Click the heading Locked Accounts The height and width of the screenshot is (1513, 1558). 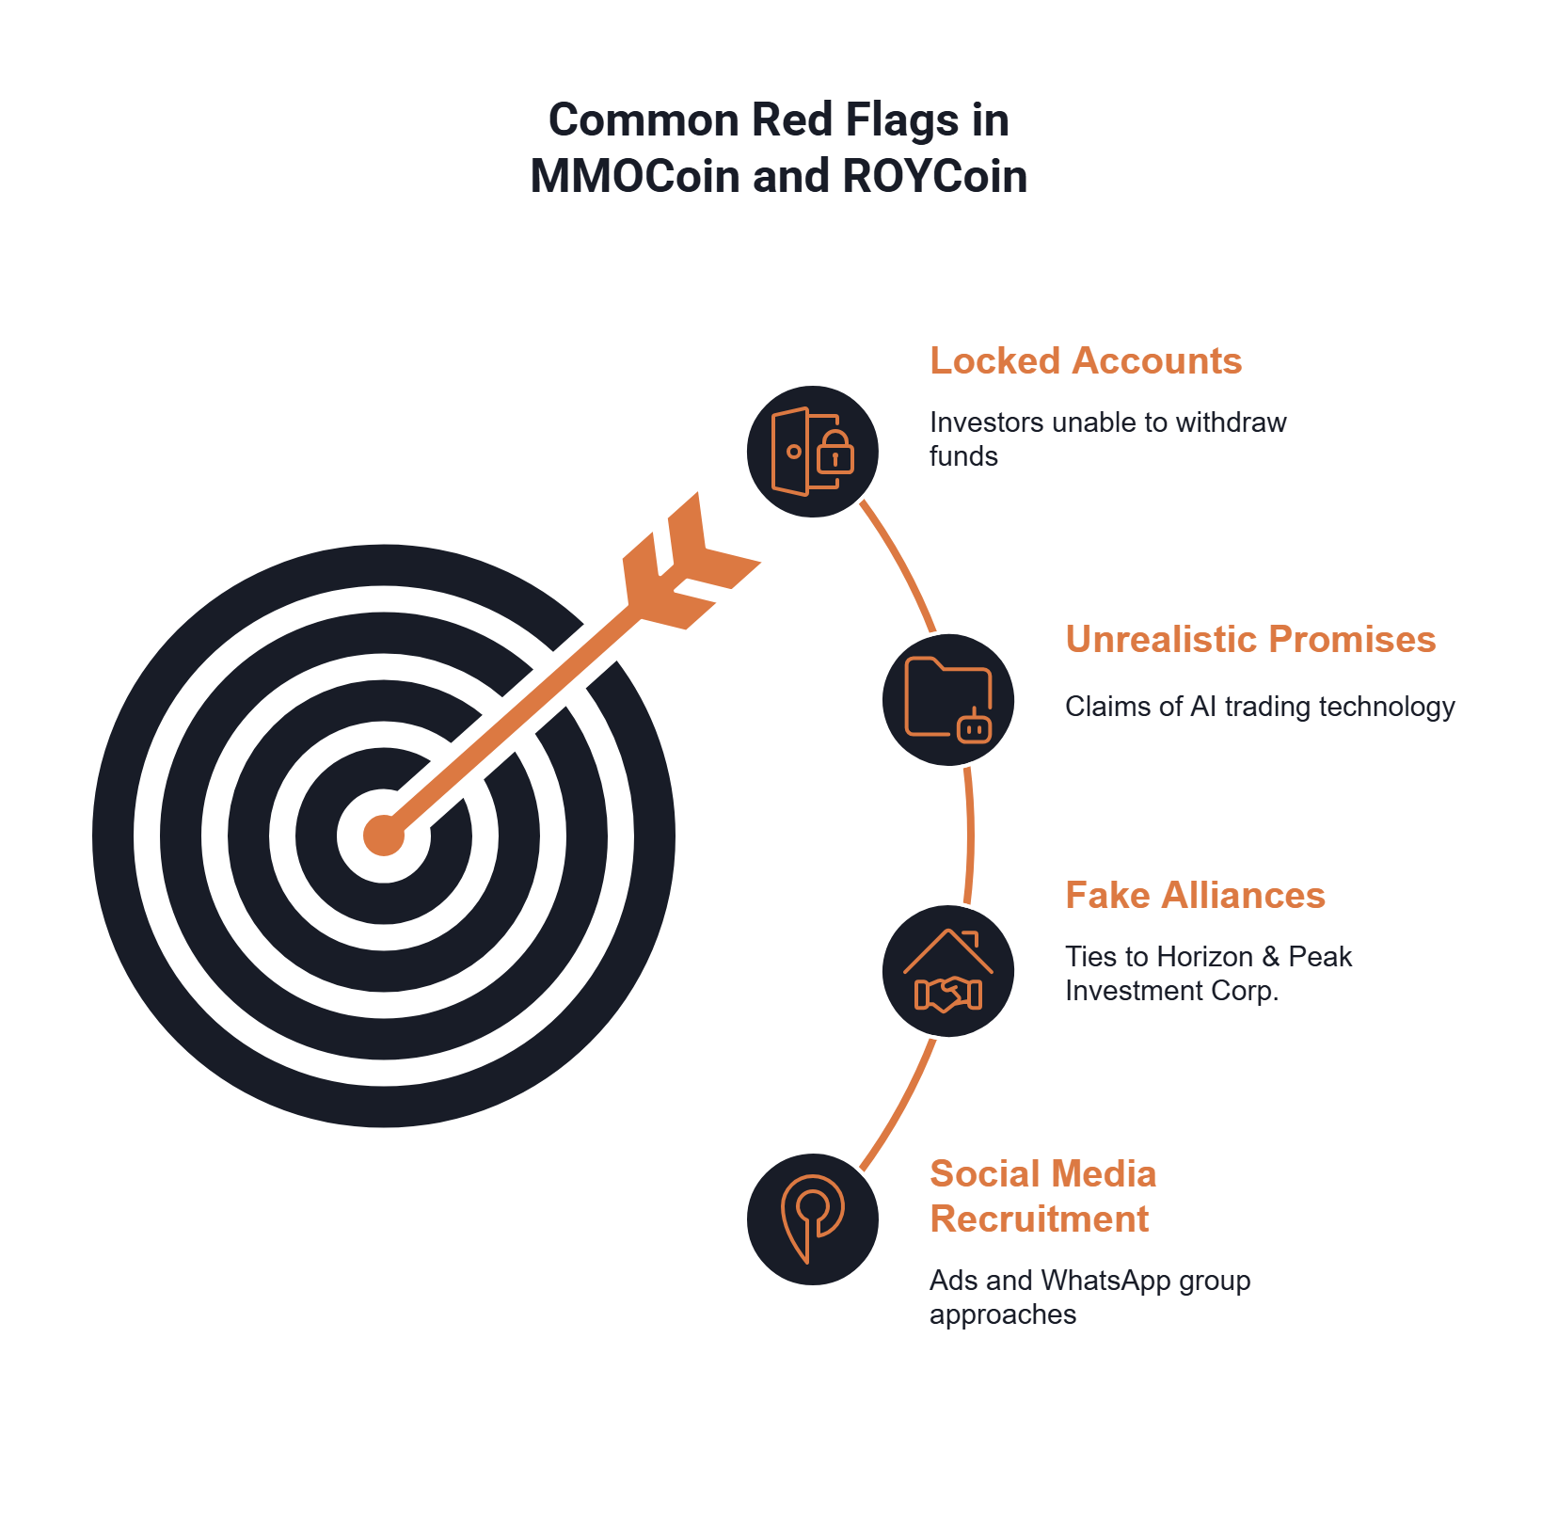click(x=1086, y=361)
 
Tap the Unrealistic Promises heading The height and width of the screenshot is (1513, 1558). click(x=1250, y=640)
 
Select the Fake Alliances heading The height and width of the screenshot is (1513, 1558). click(x=1195, y=896)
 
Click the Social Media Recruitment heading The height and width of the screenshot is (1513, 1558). click(x=1042, y=1197)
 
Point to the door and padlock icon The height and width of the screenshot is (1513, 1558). click(x=812, y=452)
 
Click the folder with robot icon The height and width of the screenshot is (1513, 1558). click(x=948, y=700)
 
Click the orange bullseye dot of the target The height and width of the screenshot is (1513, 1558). click(x=384, y=836)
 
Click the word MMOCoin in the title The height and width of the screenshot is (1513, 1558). click(x=634, y=177)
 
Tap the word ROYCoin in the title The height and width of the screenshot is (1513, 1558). click(x=935, y=177)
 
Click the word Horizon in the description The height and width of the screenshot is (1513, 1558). click(x=1205, y=957)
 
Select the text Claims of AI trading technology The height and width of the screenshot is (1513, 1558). click(x=1260, y=707)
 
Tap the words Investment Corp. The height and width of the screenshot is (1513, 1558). click(x=1171, y=992)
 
